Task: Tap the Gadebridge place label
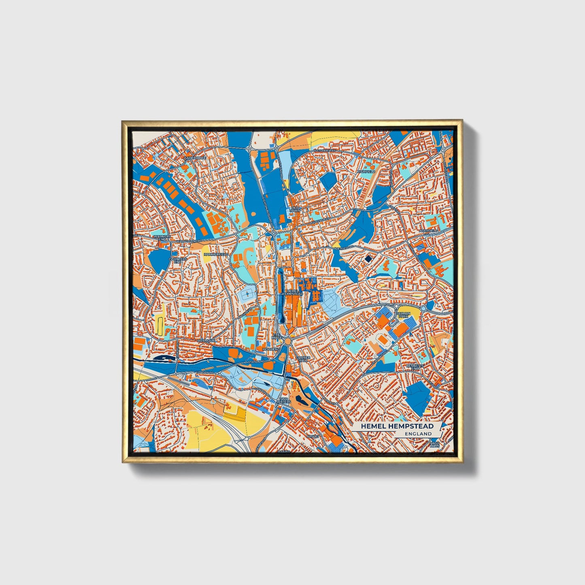195,158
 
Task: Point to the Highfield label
366,172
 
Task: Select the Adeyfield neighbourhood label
429,230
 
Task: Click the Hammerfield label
216,254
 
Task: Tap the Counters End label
178,260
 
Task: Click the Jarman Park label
403,315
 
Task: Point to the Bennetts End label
415,367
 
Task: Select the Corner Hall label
303,360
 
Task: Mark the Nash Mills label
435,444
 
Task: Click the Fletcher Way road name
327,151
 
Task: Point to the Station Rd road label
256,362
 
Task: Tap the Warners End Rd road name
189,242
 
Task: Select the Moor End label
271,349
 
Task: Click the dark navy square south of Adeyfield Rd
368,259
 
